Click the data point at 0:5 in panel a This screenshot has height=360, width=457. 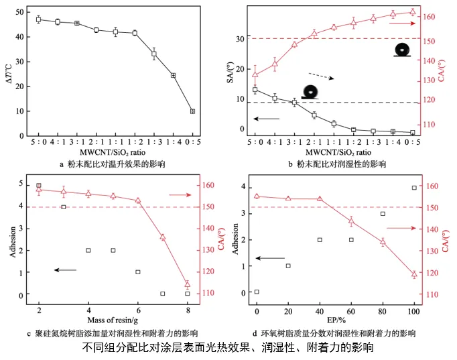192,111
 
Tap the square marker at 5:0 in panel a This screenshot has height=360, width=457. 38,19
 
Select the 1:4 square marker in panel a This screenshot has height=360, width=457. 173,75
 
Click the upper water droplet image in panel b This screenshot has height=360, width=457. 401,50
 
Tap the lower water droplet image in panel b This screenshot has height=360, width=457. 310,92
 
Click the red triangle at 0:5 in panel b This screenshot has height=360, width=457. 413,12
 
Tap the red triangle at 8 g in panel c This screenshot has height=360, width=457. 188,284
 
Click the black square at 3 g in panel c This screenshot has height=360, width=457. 64,207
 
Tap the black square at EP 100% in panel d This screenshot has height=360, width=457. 414,188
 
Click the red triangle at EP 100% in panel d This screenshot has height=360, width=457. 414,274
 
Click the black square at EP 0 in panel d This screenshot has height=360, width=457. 257,292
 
